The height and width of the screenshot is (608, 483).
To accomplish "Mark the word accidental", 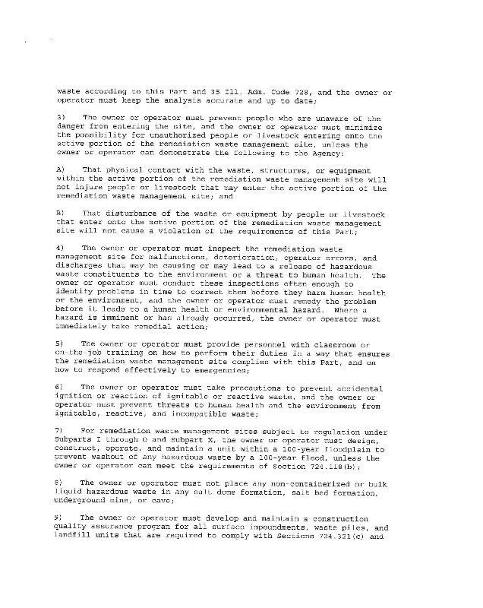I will click(356, 388).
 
